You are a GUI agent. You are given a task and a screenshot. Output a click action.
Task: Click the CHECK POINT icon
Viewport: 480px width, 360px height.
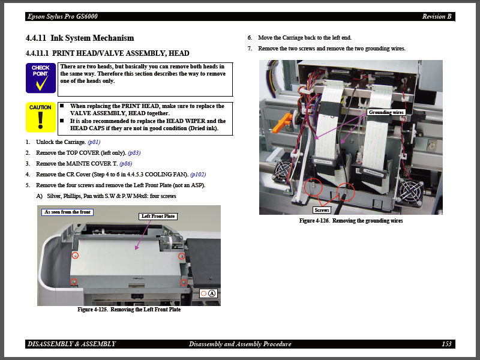[40, 78]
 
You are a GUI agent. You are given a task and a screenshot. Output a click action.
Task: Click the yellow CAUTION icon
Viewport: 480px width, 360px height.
[40, 117]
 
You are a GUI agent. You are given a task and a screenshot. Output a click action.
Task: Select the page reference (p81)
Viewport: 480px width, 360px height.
[94, 142]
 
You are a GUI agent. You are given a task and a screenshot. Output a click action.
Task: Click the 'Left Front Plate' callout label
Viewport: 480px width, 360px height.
[158, 216]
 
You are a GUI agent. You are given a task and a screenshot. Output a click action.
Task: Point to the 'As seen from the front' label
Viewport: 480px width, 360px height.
[68, 212]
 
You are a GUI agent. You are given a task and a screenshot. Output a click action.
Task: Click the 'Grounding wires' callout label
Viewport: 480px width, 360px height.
[386, 112]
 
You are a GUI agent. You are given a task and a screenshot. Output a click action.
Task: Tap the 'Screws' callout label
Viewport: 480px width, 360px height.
[322, 210]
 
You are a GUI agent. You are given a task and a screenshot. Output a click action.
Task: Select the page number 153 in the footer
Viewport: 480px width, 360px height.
[446, 344]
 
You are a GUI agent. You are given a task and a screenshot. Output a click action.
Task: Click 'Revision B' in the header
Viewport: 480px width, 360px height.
[437, 16]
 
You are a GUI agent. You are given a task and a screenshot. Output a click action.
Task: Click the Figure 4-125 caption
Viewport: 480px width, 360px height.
[129, 310]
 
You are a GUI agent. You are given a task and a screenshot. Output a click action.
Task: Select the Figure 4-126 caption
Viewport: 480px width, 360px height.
[351, 221]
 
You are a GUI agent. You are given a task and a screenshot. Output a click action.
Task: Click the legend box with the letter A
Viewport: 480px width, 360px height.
[208, 293]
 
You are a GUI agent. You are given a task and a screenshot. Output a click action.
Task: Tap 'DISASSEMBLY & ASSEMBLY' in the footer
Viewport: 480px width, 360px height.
[72, 344]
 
